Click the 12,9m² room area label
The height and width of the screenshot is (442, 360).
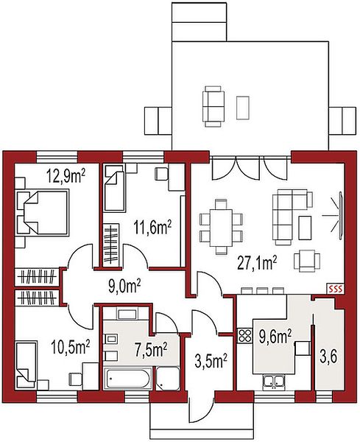[x=66, y=178]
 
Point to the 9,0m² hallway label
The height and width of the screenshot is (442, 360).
[x=124, y=286]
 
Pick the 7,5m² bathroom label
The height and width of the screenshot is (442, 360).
[x=150, y=348]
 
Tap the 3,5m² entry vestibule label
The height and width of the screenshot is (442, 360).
[x=211, y=361]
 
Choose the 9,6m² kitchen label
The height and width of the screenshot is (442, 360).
[x=275, y=337]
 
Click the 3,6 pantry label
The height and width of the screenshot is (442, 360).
[x=328, y=357]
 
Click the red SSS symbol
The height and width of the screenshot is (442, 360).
[x=336, y=288]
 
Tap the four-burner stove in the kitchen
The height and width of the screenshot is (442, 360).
[x=244, y=335]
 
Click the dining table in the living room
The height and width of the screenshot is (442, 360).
[x=221, y=227]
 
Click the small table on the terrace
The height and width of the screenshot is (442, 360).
[x=242, y=108]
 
